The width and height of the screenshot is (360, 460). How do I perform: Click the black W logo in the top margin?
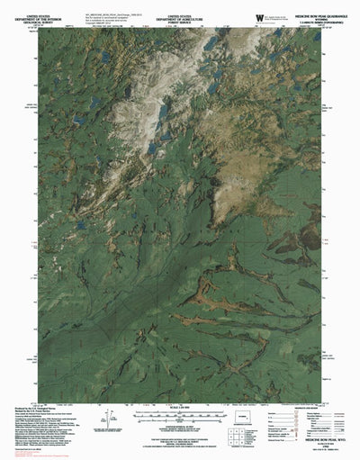tap(260, 15)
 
